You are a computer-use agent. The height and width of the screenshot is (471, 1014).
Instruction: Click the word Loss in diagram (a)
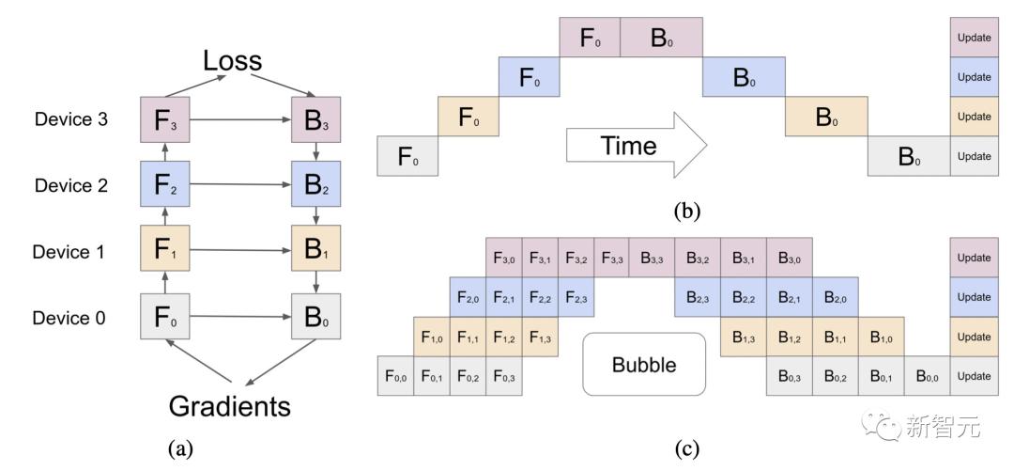tap(232, 61)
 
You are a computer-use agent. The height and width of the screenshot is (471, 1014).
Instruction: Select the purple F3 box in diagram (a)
tap(165, 119)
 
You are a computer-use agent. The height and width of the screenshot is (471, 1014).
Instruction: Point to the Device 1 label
tap(69, 251)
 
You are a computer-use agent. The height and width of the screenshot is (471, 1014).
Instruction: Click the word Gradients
tap(230, 407)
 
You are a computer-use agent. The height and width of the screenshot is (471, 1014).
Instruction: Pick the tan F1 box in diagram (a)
tap(165, 248)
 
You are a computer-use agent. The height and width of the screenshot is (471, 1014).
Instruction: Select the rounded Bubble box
tap(644, 364)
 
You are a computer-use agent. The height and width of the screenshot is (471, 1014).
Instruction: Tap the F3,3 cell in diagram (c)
tap(612, 258)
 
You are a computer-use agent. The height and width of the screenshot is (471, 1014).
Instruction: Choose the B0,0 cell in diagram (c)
tap(928, 376)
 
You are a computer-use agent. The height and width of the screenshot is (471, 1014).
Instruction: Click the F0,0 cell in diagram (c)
tap(395, 376)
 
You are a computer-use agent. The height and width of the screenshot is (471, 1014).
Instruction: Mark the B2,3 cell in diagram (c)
tap(697, 297)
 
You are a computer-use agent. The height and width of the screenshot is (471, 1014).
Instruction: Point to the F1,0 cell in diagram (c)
tap(431, 337)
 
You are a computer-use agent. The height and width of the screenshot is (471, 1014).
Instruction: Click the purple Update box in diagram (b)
tap(974, 37)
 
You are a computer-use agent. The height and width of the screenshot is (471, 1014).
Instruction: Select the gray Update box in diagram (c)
tap(974, 376)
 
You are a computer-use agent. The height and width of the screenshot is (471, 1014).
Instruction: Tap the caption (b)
tap(686, 212)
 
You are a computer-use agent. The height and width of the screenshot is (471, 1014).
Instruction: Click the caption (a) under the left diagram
tap(180, 447)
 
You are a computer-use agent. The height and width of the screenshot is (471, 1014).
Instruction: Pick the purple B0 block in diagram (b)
tap(662, 37)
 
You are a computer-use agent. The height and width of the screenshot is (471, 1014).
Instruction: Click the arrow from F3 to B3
tap(240, 119)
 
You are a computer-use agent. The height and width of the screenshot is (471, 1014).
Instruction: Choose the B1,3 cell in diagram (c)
tap(743, 337)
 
